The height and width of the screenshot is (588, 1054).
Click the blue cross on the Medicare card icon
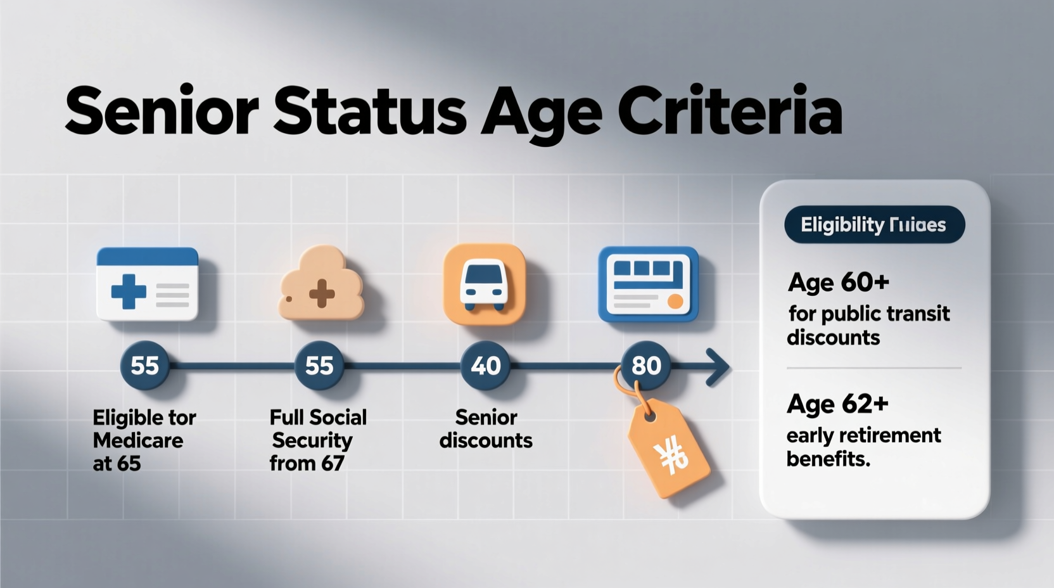coord(129,291)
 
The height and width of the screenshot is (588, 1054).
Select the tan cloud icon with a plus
coord(321,284)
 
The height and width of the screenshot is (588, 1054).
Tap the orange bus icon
coord(485,284)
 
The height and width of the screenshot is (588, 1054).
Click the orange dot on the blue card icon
coord(675,301)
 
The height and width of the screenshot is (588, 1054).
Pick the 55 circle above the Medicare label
coord(144,366)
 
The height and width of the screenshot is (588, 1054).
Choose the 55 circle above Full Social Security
coord(319,366)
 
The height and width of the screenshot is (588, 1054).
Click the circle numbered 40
coord(485,366)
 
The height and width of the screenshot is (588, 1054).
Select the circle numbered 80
coord(646,366)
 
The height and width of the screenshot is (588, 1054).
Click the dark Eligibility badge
coord(874,225)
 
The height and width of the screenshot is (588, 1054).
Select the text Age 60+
coord(838,282)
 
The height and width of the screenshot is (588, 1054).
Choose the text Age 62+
coord(837,404)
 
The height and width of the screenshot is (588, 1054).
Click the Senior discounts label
coord(486,429)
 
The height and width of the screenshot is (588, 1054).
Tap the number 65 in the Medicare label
coord(129,464)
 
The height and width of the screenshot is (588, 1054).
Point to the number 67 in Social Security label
coord(332,464)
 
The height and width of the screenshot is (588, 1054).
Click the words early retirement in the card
coord(863,436)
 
